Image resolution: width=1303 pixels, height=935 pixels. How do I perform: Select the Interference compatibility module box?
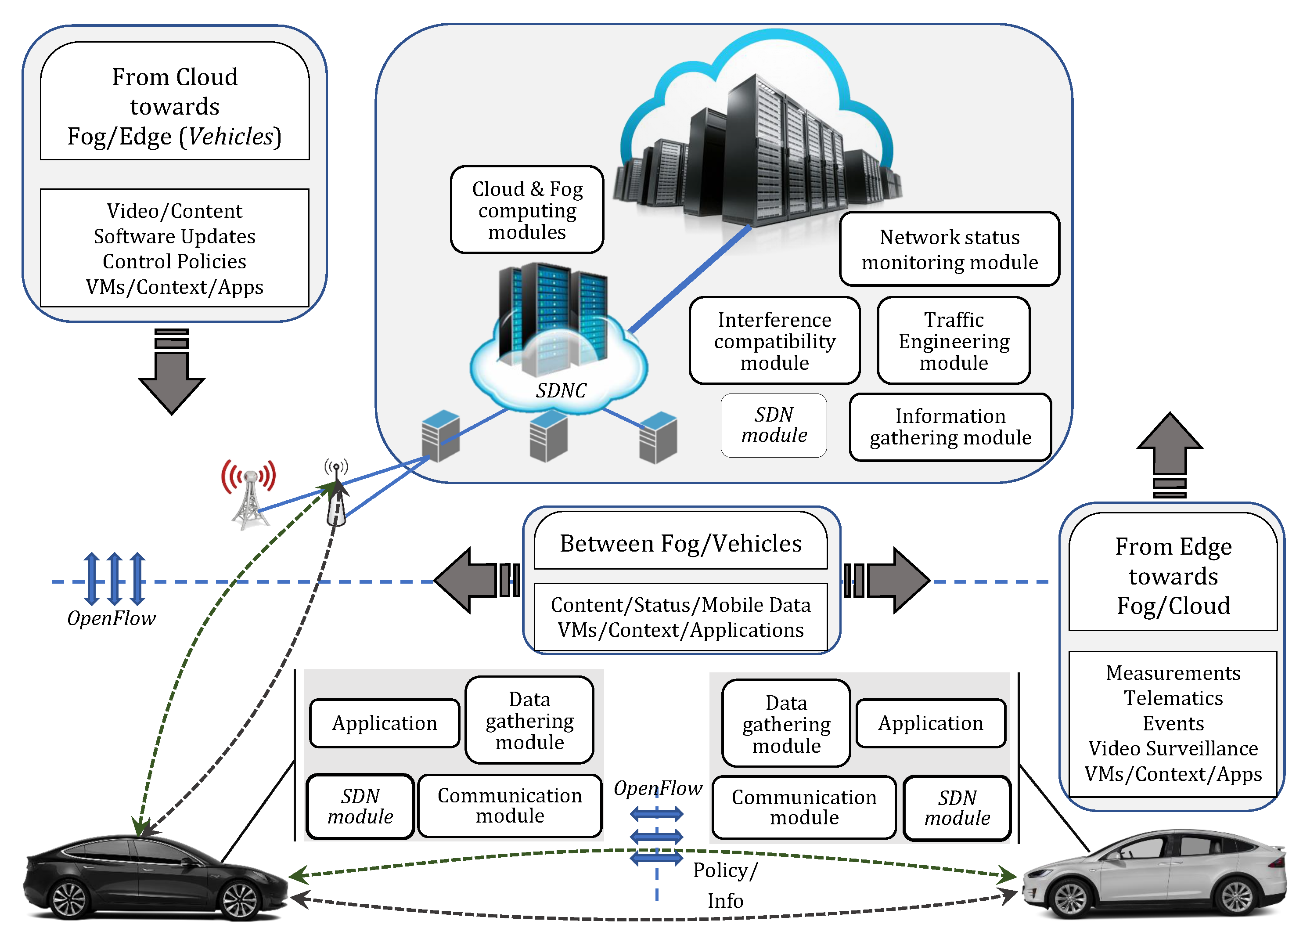[774, 341]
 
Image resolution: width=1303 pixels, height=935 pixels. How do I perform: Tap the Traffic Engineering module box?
[953, 341]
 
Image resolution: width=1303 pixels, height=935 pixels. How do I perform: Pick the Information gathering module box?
[950, 427]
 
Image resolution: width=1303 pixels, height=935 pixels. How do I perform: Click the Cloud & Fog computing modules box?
[527, 210]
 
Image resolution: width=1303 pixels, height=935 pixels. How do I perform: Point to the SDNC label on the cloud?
[561, 391]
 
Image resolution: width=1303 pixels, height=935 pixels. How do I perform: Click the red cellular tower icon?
[249, 494]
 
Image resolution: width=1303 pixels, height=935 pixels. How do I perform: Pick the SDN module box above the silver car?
[957, 808]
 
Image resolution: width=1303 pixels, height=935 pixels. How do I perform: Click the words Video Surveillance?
[1173, 748]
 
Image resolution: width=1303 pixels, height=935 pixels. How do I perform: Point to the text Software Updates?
[174, 236]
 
